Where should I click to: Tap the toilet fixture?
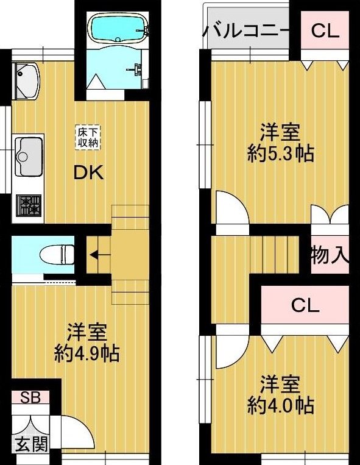[57, 254]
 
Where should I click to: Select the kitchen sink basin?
[29, 156]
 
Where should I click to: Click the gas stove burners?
[29, 205]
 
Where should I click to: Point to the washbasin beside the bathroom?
[26, 80]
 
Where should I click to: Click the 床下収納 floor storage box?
[88, 137]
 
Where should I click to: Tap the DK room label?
[88, 173]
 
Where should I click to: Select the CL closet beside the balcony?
[325, 30]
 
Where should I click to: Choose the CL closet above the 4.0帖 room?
[305, 305]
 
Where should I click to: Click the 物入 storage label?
[330, 255]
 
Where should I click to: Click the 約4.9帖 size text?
[86, 353]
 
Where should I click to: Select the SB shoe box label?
[30, 398]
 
